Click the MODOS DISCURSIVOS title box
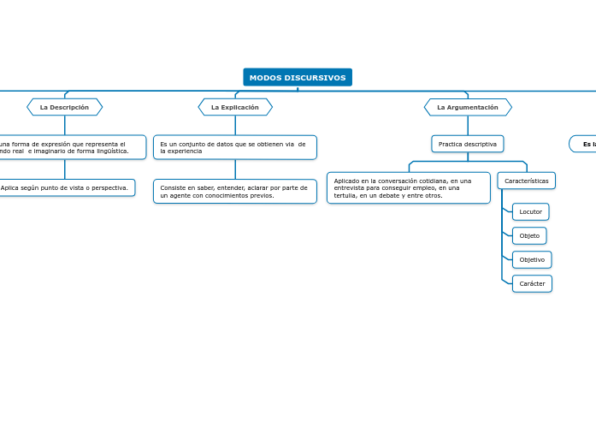298,78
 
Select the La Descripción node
64,107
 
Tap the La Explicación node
235,107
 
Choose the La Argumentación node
468,107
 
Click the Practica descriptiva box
468,144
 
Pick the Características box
526,181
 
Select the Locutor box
530,211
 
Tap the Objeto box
529,235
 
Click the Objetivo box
532,259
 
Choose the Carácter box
532,283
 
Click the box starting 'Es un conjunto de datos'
235,147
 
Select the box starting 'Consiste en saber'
235,191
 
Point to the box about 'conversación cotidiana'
408,187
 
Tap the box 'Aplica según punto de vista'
65,187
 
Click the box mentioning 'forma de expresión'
68,147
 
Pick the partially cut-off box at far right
584,144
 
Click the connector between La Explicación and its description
235,125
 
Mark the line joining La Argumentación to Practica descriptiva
468,125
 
